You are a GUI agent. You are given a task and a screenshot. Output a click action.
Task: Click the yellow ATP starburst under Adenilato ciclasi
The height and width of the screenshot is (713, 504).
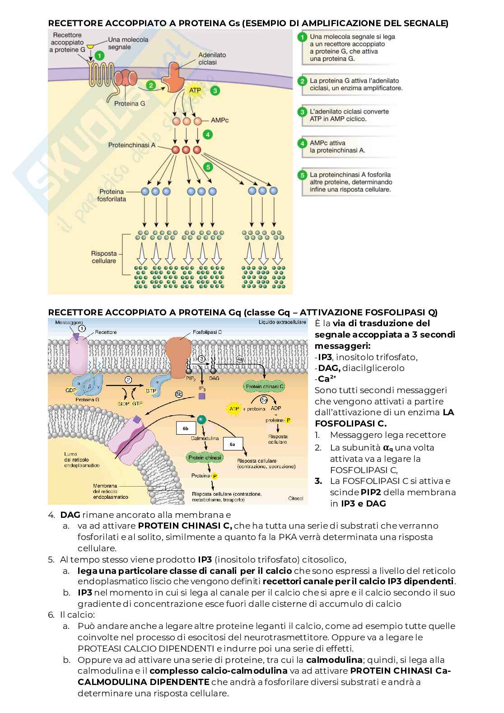pyautogui.click(x=195, y=90)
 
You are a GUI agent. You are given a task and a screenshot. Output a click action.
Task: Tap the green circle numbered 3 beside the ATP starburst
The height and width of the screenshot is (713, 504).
pyautogui.click(x=215, y=90)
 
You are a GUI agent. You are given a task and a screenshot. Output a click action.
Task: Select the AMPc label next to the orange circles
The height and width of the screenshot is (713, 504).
pyautogui.click(x=220, y=121)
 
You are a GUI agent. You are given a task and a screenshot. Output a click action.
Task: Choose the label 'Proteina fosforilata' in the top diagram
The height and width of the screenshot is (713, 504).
pyautogui.click(x=112, y=195)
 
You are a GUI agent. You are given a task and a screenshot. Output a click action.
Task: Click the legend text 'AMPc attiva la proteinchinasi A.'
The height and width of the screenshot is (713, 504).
pyautogui.click(x=337, y=146)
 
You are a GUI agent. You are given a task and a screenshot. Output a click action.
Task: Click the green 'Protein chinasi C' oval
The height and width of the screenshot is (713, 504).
pyautogui.click(x=264, y=386)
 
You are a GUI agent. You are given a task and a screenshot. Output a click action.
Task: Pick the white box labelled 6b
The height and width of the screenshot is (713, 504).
pyautogui.click(x=186, y=428)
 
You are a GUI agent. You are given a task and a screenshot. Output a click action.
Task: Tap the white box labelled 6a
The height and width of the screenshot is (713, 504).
pyautogui.click(x=233, y=444)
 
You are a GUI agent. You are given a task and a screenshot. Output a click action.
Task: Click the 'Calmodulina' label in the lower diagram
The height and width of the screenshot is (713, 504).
pyautogui.click(x=205, y=438)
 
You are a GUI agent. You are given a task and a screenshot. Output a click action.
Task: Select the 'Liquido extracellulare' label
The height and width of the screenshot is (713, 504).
pyautogui.click(x=282, y=322)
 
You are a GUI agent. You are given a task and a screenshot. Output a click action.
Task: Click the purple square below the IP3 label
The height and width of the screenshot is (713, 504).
pyautogui.click(x=202, y=396)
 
